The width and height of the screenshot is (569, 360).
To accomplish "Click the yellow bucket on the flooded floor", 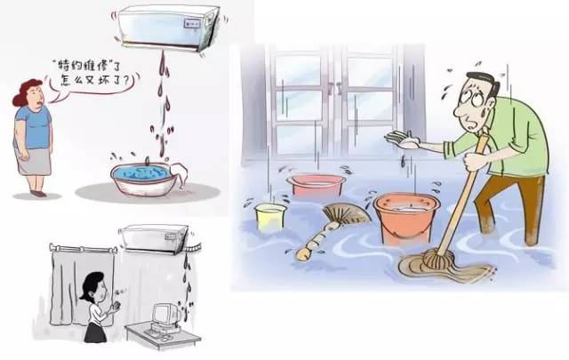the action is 270,217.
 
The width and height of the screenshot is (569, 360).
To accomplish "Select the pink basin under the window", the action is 316,186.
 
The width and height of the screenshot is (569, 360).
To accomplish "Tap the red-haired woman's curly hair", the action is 26,92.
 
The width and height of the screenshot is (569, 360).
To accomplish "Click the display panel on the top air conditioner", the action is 192,24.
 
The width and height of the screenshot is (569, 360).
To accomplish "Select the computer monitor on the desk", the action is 165,315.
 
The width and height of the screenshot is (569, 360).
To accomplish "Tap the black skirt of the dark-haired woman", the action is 95,332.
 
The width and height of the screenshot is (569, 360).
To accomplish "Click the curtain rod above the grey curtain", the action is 84,249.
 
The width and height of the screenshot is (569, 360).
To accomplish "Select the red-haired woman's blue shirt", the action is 34,128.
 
